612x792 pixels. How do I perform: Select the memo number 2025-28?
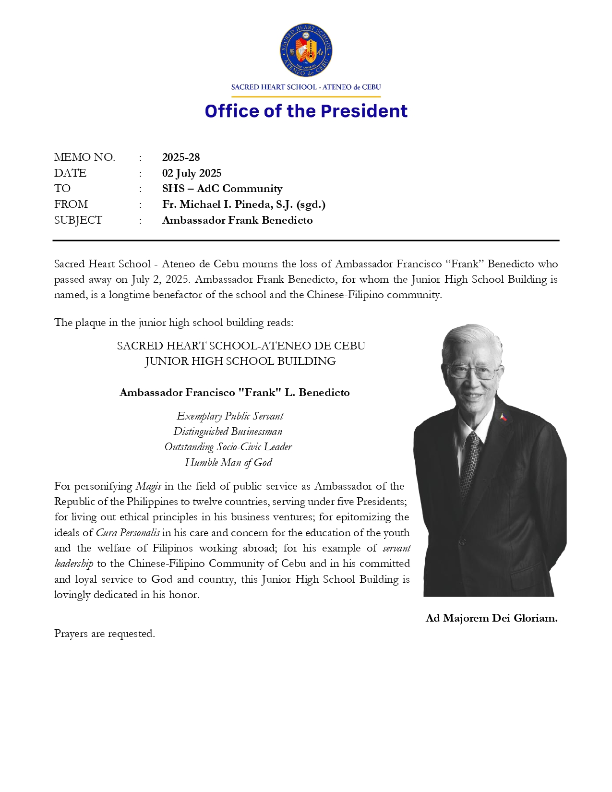(181, 157)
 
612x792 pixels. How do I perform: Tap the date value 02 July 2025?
(192, 173)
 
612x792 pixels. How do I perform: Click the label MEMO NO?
(84, 157)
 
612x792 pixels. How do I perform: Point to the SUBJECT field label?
(78, 220)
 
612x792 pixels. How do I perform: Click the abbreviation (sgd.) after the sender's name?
(311, 204)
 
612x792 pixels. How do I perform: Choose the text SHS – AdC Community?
(222, 189)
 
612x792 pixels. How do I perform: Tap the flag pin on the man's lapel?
(503, 417)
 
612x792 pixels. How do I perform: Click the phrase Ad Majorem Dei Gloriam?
(492, 618)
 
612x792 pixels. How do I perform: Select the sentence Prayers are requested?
(105, 634)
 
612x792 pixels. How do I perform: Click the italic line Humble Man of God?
(228, 463)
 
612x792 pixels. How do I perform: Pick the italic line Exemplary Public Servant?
(230, 416)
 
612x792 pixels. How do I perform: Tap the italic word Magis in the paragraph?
(148, 486)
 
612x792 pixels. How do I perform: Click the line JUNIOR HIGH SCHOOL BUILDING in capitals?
(240, 361)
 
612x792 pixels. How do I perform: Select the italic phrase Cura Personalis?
(128, 533)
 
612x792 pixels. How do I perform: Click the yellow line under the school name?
(306, 97)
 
